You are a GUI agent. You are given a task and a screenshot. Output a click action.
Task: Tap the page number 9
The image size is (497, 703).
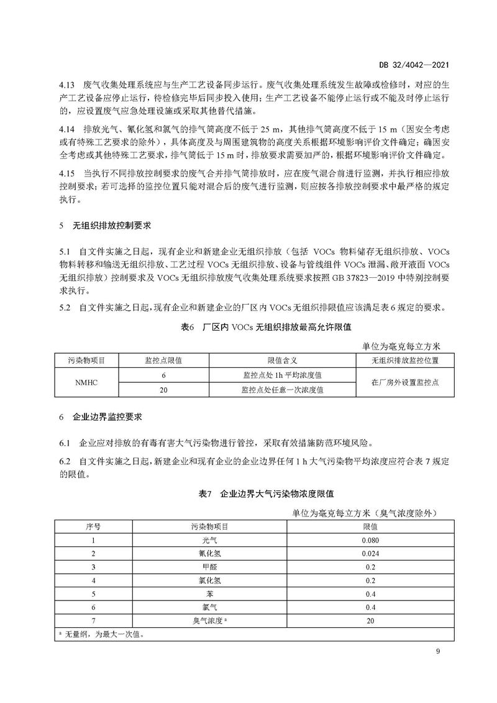pyautogui.click(x=438, y=651)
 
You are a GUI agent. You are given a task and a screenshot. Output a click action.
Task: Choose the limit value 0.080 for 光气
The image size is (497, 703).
pyautogui.click(x=370, y=541)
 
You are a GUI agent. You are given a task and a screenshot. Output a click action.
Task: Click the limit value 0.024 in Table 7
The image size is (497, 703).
pyautogui.click(x=370, y=553)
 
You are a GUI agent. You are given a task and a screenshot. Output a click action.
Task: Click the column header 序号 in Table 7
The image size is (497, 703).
pyautogui.click(x=93, y=526)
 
